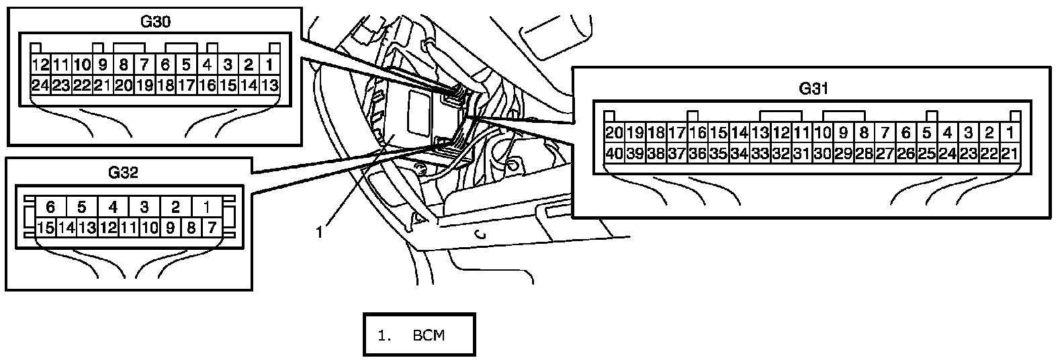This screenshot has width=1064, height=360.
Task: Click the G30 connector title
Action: point(155,21)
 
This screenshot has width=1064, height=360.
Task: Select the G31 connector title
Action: point(813,88)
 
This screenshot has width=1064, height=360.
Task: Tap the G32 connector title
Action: point(123,173)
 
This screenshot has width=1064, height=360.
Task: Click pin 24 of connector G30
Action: point(40,85)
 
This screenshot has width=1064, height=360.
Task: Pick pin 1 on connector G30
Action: point(269,65)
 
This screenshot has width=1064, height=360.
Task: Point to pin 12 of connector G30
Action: point(40,65)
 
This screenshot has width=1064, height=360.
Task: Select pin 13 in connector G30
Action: point(269,85)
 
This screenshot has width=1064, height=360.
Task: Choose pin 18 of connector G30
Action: point(165,85)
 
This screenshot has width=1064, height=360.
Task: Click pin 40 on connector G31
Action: point(614,153)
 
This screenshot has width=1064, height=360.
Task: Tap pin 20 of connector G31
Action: point(614,132)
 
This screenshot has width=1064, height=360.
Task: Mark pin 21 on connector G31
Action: point(1008,153)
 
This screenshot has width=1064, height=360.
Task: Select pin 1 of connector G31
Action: point(1008,132)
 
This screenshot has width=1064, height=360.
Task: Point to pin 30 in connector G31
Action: point(822,153)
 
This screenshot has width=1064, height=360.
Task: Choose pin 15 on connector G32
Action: point(46,228)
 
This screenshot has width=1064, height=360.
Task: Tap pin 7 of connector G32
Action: point(211,228)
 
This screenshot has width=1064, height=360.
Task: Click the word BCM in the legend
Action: point(429,335)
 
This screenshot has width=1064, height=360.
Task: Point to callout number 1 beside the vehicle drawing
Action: point(320,232)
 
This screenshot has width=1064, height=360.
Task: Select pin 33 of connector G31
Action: point(760,153)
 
